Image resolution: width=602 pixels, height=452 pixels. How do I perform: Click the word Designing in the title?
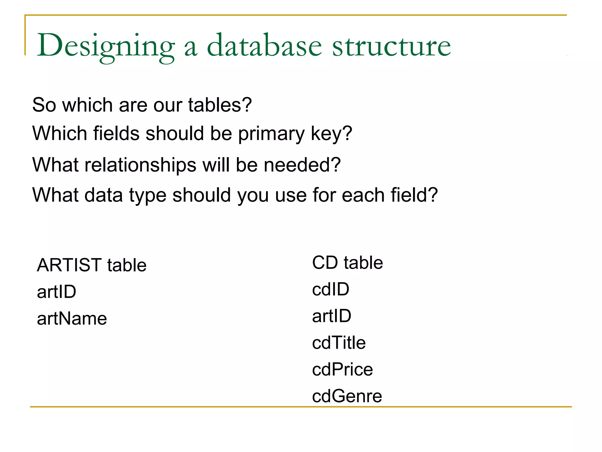(106, 46)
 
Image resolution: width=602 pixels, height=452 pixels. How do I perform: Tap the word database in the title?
(265, 46)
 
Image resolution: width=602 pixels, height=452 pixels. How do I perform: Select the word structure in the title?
(392, 46)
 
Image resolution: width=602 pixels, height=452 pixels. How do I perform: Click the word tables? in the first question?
(220, 105)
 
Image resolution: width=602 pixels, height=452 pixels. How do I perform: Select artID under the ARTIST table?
(56, 292)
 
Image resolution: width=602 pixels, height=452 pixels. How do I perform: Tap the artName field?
(72, 318)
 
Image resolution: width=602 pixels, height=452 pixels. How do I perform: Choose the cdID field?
(331, 289)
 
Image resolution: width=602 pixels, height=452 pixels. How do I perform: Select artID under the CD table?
(332, 316)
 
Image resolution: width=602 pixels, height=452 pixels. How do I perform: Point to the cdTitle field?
(339, 343)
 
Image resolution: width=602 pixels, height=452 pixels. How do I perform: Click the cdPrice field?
(342, 370)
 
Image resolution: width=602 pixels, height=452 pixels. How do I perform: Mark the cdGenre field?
(347, 396)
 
